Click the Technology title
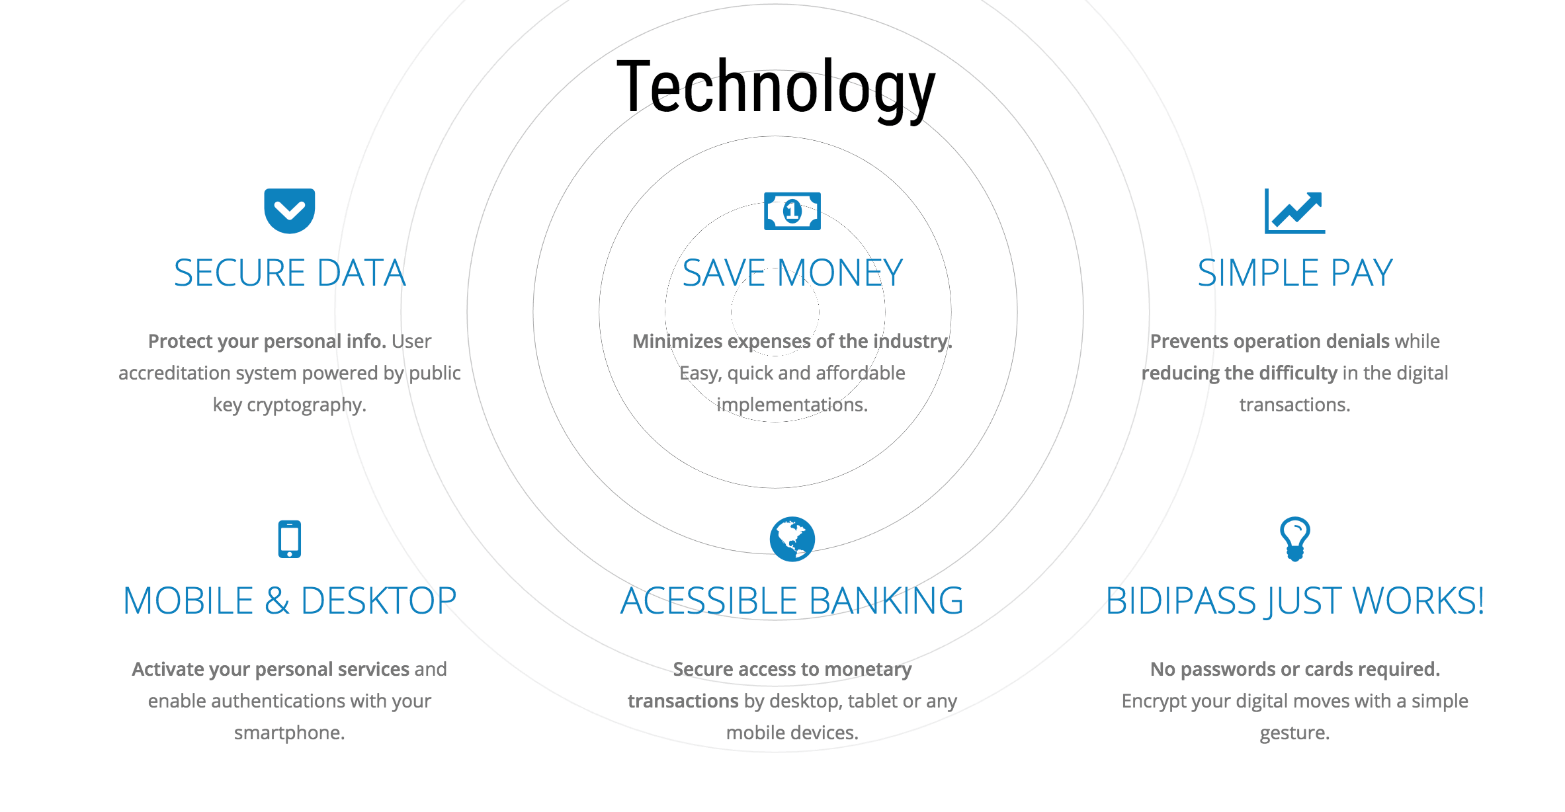(x=776, y=89)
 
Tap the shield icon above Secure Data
(x=290, y=211)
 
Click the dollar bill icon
(x=792, y=211)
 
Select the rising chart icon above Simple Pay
(x=1295, y=211)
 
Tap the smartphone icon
(x=290, y=540)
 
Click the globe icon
(x=792, y=539)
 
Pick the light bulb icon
(x=1295, y=539)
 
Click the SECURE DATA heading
(x=290, y=272)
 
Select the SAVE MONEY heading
(x=792, y=272)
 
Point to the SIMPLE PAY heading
(x=1295, y=272)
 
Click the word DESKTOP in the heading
(x=378, y=600)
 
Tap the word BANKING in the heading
(x=886, y=600)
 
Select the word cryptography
(x=306, y=405)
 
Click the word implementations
(x=792, y=405)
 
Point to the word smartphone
(x=289, y=733)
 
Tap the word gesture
(x=1294, y=733)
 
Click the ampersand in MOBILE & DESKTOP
(x=277, y=600)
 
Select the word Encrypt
(x=1152, y=702)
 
